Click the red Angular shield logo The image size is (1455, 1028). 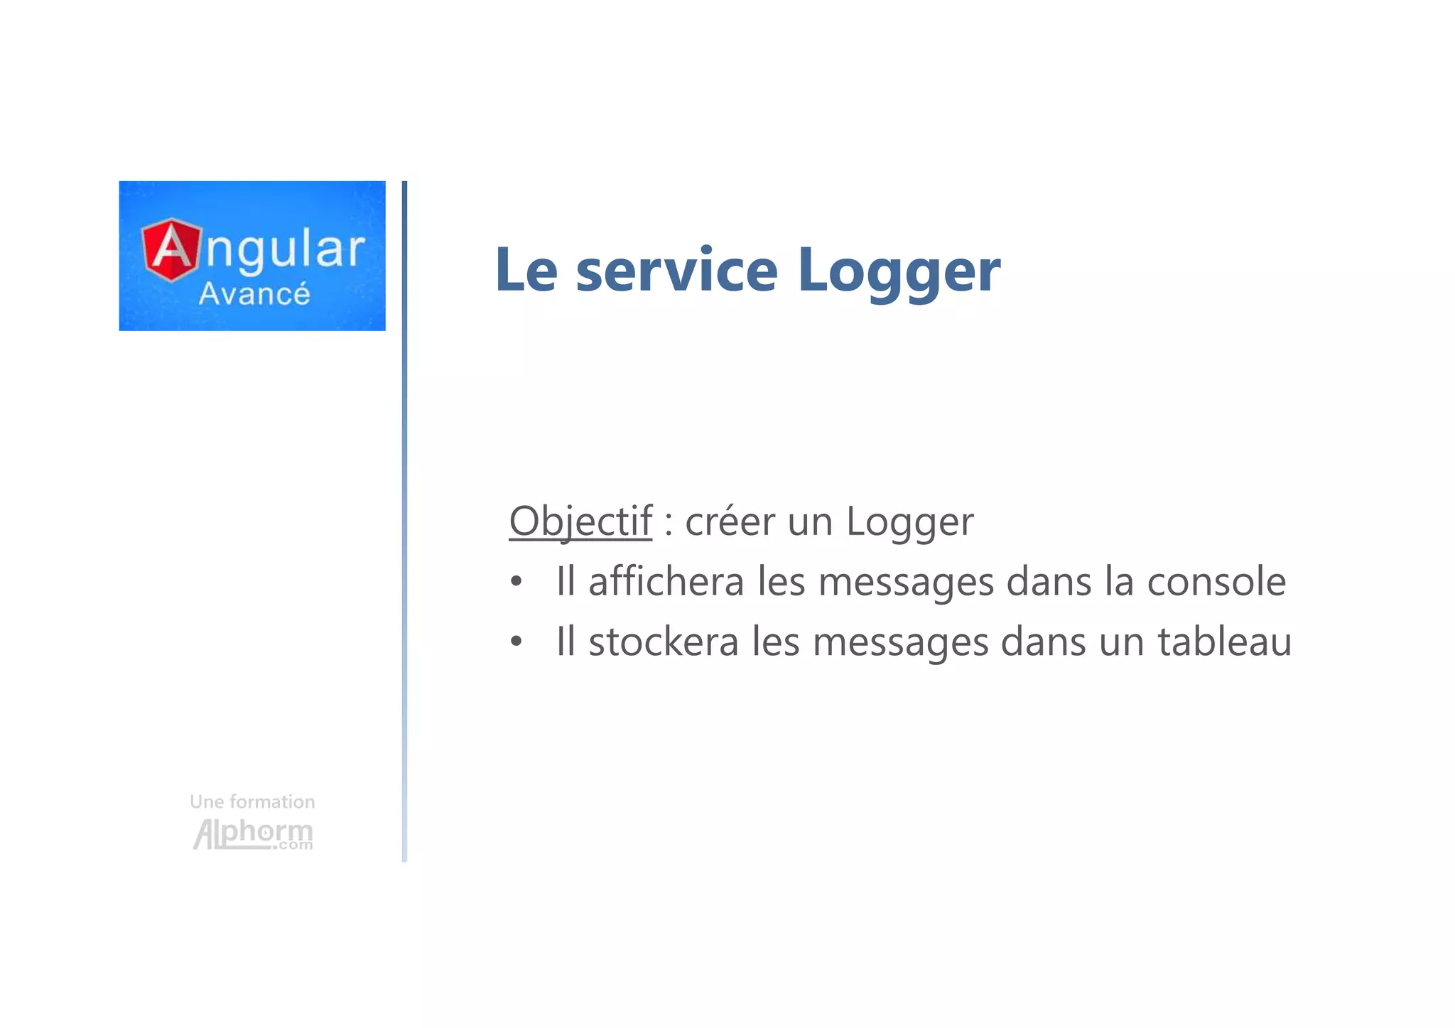[x=171, y=250]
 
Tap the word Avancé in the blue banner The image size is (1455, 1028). [x=254, y=294]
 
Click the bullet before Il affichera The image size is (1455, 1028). [x=516, y=582]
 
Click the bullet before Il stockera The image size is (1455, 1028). [x=516, y=642]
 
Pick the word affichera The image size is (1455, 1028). [x=666, y=582]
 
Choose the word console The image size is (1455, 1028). [x=1216, y=583]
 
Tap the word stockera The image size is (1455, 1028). [x=664, y=642]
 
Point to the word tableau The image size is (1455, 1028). [x=1224, y=642]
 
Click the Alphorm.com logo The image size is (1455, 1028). [x=253, y=833]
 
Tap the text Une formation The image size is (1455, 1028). [x=252, y=802]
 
